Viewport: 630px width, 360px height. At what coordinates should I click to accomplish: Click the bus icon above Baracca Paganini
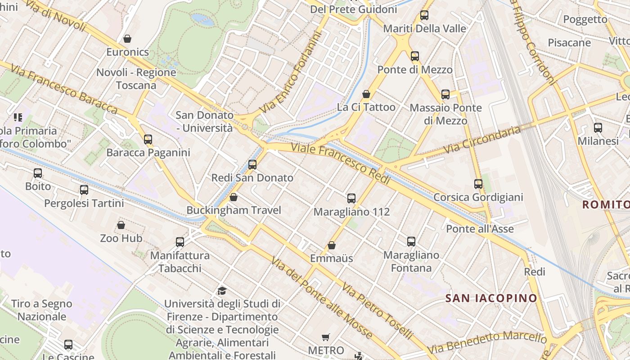(x=148, y=139)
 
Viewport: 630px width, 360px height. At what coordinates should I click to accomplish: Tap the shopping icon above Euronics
(x=127, y=39)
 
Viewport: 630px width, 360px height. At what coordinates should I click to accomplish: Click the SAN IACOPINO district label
(x=491, y=298)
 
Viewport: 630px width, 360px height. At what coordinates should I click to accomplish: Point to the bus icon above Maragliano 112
(x=351, y=198)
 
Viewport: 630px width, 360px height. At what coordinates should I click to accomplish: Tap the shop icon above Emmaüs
(x=332, y=245)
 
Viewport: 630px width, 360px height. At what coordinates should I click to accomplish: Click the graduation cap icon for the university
(x=221, y=290)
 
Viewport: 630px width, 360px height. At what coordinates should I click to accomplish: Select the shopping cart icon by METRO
(x=326, y=337)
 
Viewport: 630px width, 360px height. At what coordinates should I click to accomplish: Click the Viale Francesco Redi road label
(x=340, y=163)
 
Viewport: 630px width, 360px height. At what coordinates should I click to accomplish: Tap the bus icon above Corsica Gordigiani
(x=478, y=184)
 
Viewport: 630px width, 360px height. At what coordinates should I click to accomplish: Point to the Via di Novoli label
(x=56, y=16)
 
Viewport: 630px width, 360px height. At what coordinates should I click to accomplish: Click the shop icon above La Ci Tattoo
(x=366, y=94)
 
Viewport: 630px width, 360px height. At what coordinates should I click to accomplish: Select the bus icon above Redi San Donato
(x=252, y=165)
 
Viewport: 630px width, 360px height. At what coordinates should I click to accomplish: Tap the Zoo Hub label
(x=121, y=238)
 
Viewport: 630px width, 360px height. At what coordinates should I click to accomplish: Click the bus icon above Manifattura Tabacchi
(x=180, y=242)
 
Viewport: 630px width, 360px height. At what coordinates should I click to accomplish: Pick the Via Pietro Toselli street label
(x=377, y=311)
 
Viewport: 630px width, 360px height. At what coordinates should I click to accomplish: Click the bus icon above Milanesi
(x=598, y=128)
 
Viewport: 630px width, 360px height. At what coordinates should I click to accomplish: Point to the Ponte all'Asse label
(x=480, y=229)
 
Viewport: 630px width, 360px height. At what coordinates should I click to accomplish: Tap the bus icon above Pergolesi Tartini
(x=84, y=190)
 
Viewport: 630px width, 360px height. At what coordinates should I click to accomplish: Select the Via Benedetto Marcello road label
(x=486, y=342)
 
